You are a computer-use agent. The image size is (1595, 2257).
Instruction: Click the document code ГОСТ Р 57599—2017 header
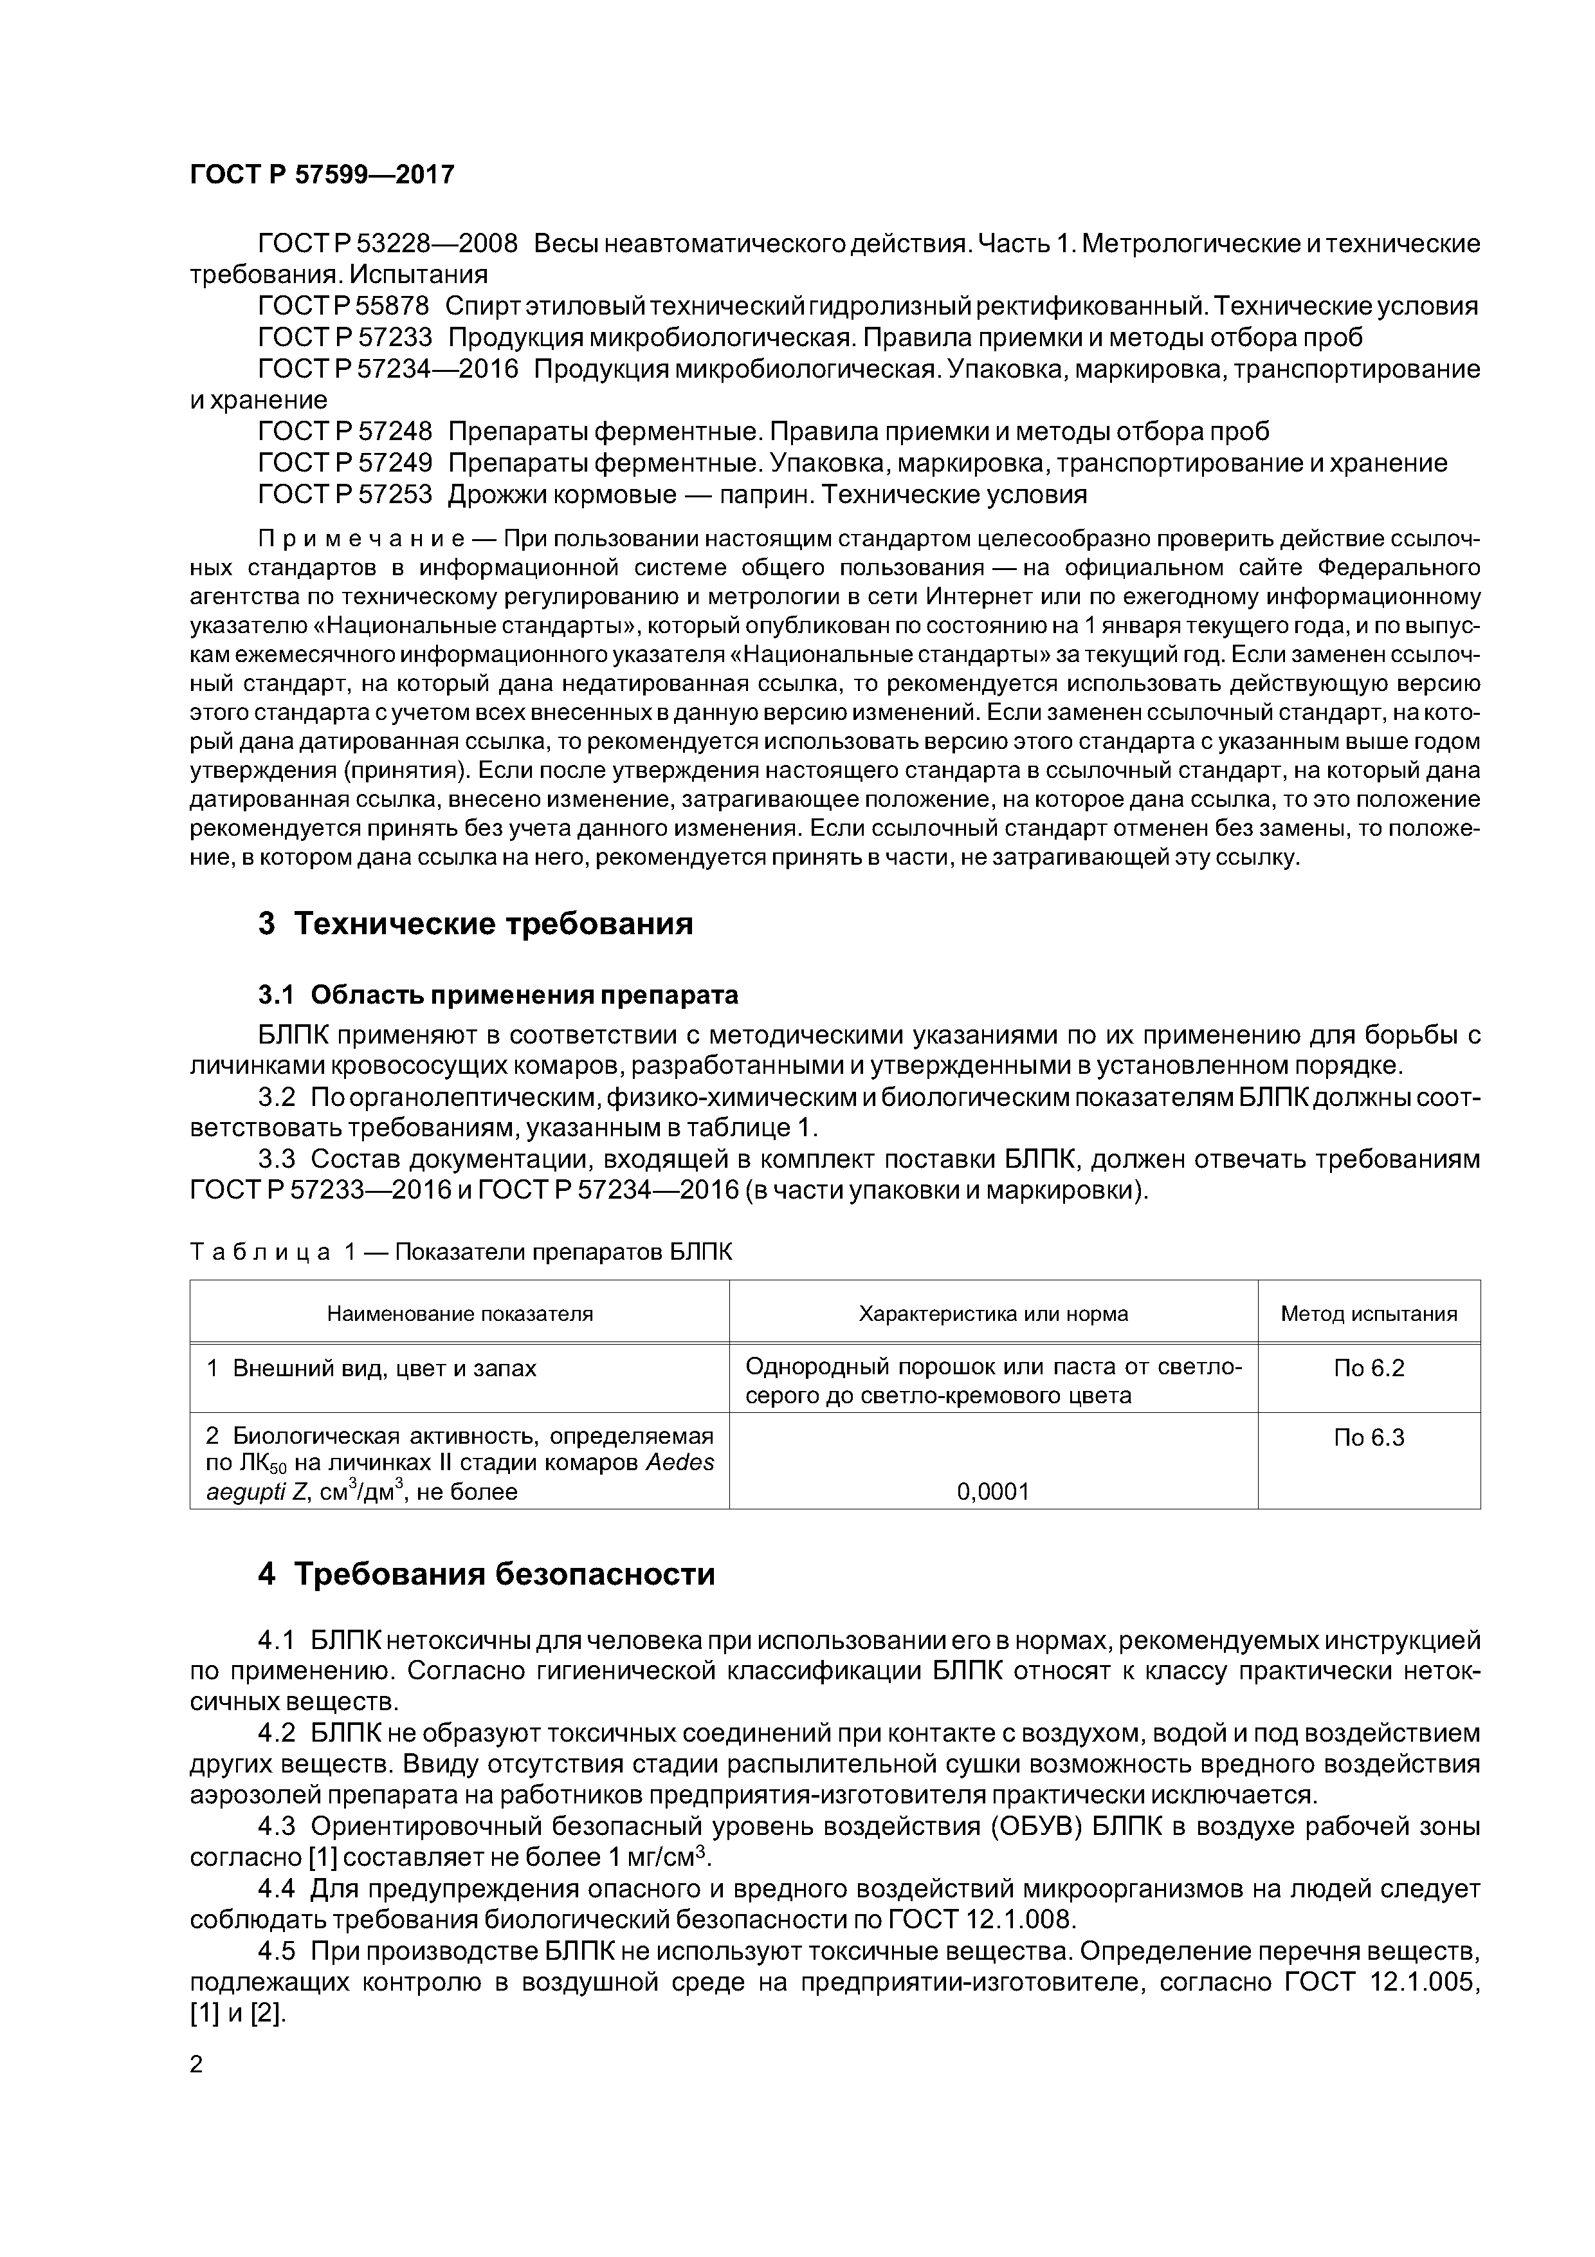322,175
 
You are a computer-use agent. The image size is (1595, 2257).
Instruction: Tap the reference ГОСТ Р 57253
345,495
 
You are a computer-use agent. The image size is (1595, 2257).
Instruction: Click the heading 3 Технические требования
476,924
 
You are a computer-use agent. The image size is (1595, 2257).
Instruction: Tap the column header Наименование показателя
460,1314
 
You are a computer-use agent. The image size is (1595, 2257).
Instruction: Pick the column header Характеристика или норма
994,1314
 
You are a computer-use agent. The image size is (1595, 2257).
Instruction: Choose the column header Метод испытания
1369,1314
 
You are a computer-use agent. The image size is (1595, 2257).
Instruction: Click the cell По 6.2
1369,1368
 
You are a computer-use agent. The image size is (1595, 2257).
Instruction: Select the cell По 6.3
1369,1438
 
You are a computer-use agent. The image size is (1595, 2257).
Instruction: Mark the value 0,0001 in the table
994,1492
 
